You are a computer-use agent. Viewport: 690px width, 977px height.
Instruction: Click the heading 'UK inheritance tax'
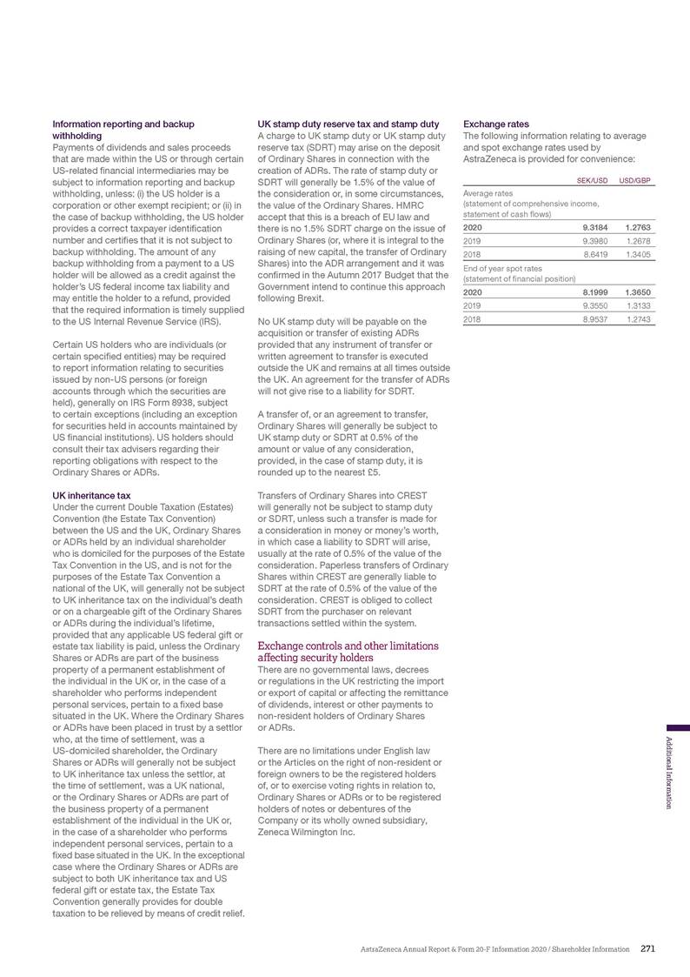click(x=92, y=495)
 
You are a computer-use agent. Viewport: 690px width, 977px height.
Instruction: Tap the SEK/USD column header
click(x=593, y=180)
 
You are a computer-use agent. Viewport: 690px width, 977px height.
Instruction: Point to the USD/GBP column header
click(x=635, y=180)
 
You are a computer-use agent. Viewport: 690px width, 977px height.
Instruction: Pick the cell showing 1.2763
click(x=637, y=227)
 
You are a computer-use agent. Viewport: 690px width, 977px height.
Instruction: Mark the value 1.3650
click(x=637, y=292)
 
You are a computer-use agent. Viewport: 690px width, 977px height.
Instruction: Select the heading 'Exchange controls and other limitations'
click(x=348, y=646)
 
